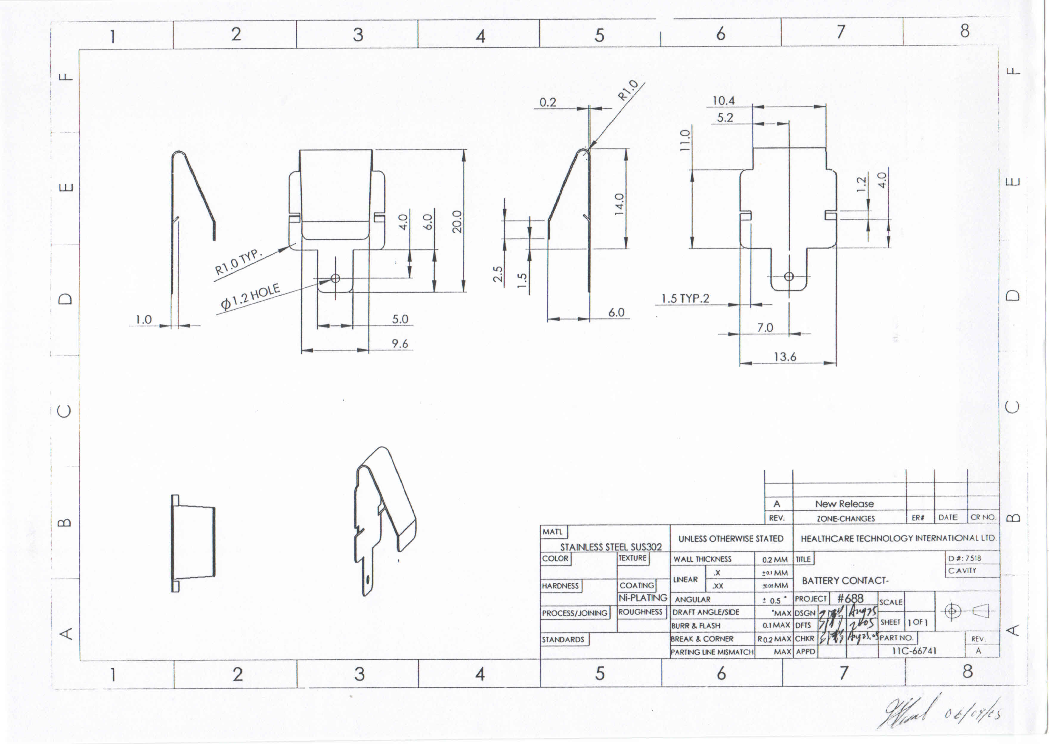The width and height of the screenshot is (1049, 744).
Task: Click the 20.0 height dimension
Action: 457,222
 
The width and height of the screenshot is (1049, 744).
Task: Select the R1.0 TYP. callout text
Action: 238,262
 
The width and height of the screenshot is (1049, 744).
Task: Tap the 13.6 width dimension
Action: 785,357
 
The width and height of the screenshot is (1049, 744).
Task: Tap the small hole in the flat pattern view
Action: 789,276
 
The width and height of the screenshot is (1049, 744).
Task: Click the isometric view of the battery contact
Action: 385,518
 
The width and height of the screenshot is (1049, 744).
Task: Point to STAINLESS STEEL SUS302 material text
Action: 611,547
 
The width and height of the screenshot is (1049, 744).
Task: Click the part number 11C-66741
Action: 914,650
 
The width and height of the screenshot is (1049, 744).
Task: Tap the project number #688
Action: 850,598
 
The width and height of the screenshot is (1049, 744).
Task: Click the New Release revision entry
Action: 844,503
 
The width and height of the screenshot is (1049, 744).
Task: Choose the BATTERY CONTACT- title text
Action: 845,580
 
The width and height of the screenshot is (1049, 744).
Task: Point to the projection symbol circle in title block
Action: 952,611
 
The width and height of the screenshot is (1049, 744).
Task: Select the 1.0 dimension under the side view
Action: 143,319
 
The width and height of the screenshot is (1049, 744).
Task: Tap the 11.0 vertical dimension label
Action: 684,140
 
